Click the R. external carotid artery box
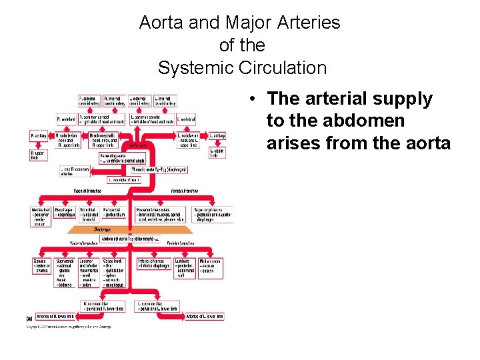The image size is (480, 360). coord(89,101)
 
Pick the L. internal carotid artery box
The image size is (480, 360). coord(165,101)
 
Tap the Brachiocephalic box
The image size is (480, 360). coord(103,138)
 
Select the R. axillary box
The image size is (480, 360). coord(40,136)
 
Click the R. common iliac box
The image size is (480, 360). coord(103,306)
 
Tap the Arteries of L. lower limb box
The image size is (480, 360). coord(205,316)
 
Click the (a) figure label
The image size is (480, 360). coord(29,318)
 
